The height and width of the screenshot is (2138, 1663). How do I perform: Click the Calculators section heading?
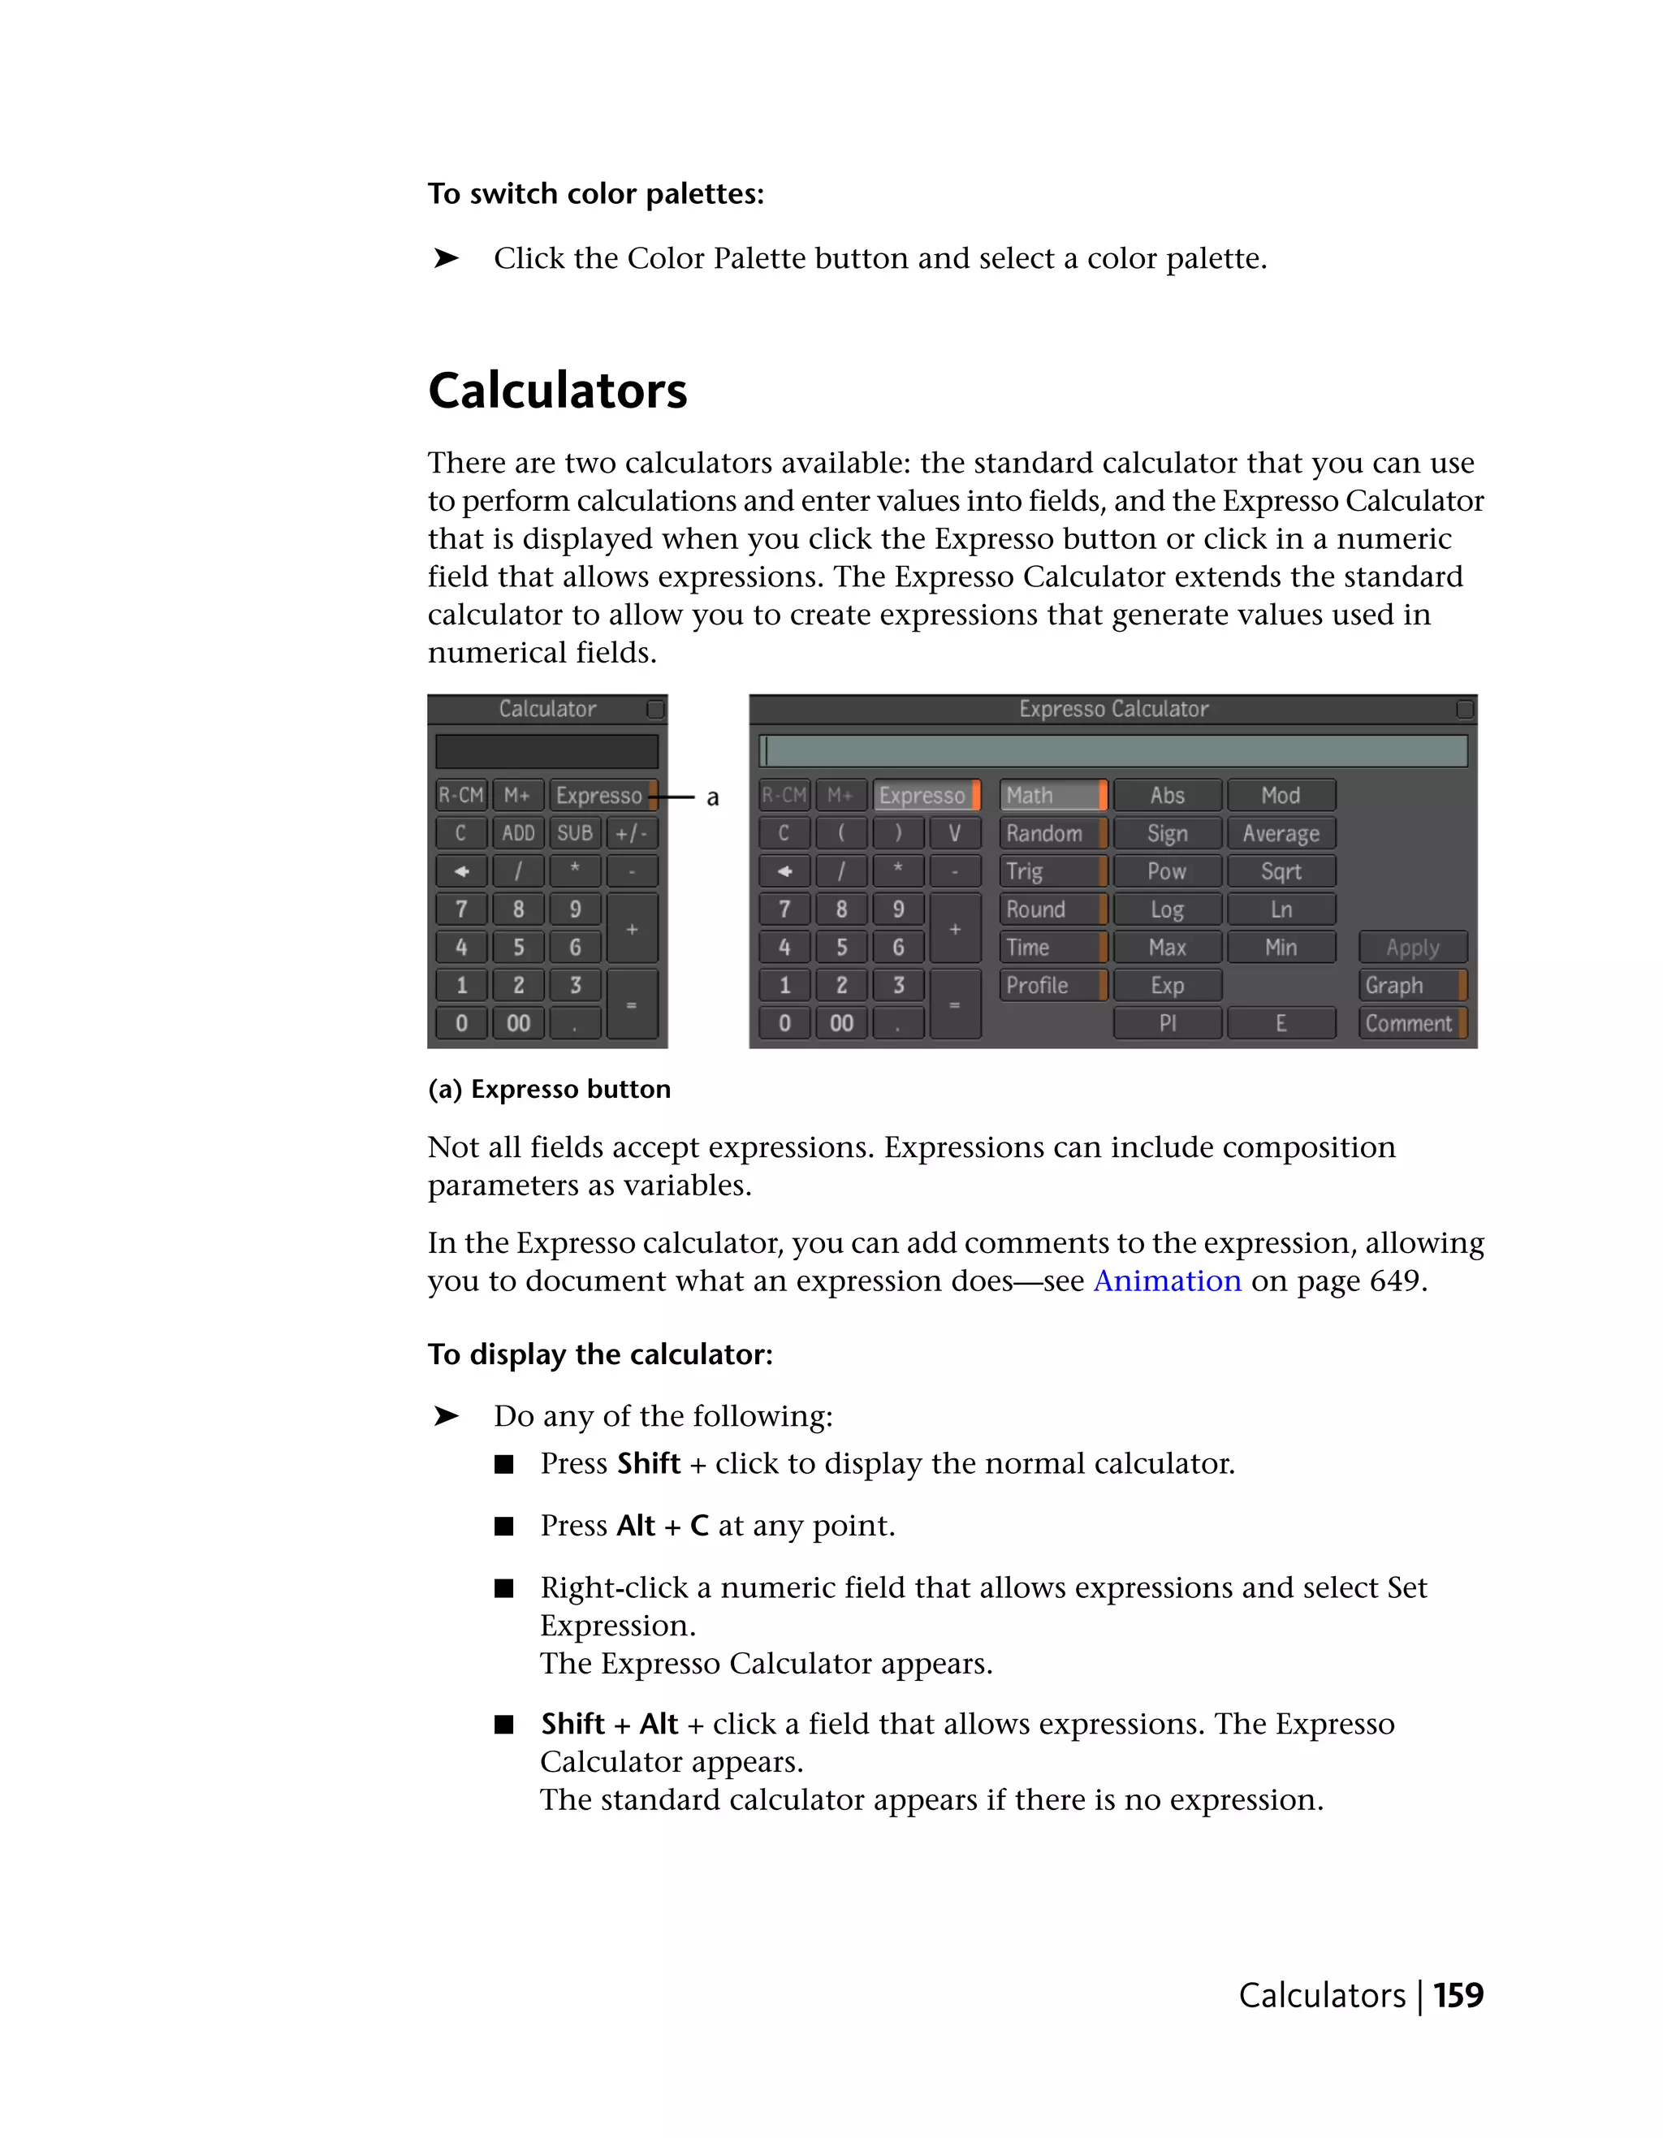(557, 391)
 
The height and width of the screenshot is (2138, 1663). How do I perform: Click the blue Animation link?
(1167, 1281)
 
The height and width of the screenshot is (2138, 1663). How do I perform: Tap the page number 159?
(1458, 1995)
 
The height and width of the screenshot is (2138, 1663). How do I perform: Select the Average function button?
(1281, 833)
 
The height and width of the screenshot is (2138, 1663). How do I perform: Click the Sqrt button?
(1281, 871)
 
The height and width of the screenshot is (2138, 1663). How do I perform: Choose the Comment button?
(1410, 1023)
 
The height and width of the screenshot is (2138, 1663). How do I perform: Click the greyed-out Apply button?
(1411, 947)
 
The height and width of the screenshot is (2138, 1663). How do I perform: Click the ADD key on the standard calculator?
(518, 833)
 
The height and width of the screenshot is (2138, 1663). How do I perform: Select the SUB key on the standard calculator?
(575, 833)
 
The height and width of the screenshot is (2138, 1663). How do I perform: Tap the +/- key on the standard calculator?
(631, 833)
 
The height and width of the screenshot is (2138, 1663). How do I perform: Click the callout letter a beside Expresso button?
(713, 798)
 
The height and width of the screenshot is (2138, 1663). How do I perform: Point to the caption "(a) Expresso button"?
(549, 1090)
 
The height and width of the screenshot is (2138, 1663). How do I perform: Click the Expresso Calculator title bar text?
(1113, 709)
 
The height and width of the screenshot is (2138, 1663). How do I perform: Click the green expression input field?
(1113, 751)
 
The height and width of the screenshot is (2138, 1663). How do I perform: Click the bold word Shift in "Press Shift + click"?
(648, 1463)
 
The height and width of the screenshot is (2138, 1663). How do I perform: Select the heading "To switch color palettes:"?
(595, 194)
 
